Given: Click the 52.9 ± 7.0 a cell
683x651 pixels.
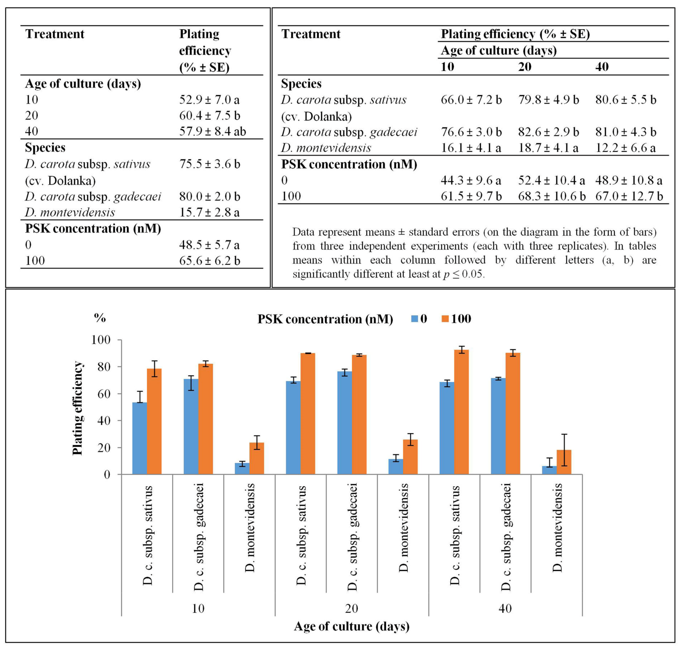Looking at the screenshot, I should tap(209, 100).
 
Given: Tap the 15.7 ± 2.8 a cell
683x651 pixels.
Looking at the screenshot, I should tap(209, 212).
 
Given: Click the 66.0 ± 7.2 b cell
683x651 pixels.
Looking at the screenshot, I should tap(471, 100).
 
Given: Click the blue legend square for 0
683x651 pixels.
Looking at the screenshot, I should tap(414, 319).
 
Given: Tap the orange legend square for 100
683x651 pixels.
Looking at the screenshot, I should tap(445, 319).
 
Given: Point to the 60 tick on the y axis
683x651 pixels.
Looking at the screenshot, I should tap(103, 394).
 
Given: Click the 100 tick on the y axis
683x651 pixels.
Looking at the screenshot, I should tap(101, 340).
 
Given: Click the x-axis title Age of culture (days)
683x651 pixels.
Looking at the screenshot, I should tap(352, 626).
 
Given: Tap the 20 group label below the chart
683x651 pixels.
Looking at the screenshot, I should tap(352, 608).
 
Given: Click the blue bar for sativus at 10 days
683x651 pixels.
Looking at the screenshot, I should tap(140, 438).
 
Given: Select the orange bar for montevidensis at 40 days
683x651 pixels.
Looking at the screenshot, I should tap(564, 462).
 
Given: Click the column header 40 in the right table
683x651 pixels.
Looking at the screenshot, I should tap(602, 67).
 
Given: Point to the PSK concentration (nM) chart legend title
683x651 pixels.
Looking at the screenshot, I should tap(325, 319).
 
